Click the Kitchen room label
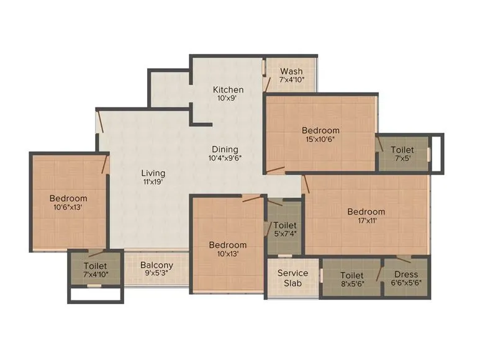(228, 89)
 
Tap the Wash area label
(291, 71)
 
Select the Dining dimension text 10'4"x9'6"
(225, 158)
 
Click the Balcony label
(156, 265)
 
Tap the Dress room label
(406, 274)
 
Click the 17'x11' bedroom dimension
(366, 220)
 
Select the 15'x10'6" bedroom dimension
(320, 140)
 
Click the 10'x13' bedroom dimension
(227, 253)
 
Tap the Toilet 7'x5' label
(402, 150)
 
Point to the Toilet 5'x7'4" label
(285, 225)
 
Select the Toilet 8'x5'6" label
(351, 274)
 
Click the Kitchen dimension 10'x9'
(228, 99)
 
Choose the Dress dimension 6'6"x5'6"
(406, 284)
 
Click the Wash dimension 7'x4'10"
(291, 80)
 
